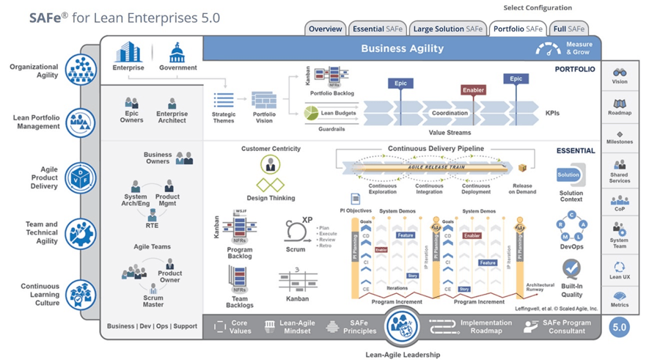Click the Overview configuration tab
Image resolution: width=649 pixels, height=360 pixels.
pos(325,29)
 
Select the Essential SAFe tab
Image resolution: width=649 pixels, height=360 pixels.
pos(377,29)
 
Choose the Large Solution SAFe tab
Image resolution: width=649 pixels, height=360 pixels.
pos(447,29)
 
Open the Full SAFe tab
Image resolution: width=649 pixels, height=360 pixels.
pos(569,29)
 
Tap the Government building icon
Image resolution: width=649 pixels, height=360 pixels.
pos(177,53)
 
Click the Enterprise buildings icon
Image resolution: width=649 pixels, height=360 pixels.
pos(128,53)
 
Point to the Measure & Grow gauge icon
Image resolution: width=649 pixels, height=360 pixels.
pos(548,49)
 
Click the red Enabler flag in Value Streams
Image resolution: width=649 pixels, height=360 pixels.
pos(474,90)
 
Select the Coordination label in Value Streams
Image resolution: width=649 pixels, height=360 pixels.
pos(450,113)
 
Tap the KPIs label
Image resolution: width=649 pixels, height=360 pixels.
pos(552,114)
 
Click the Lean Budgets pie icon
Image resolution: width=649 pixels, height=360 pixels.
pos(311,114)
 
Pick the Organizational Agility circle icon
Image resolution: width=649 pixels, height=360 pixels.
pos(81,70)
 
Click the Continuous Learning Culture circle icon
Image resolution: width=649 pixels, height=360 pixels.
pos(81,294)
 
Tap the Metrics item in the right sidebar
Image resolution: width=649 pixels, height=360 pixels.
pos(620,299)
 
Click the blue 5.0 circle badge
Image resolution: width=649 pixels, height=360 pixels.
pos(620,327)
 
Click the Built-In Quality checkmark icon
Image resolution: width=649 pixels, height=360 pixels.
pos(571,268)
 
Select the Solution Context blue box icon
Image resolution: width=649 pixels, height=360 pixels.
pos(569,175)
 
